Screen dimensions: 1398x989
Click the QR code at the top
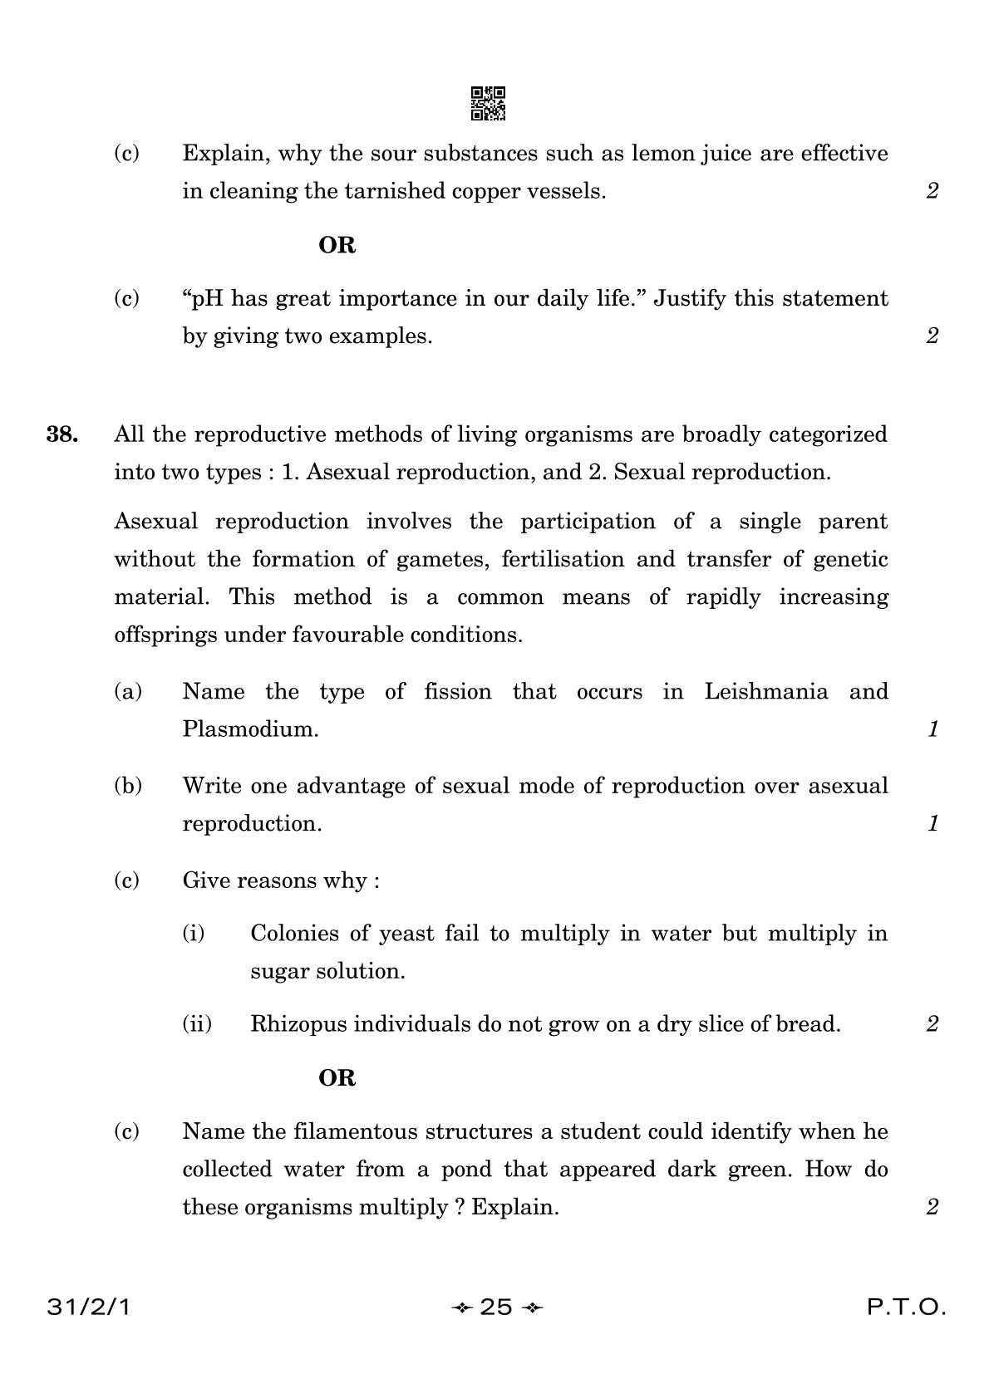click(488, 104)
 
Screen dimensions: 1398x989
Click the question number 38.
click(62, 434)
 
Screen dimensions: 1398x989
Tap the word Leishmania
click(765, 692)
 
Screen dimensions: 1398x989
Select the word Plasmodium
click(250, 730)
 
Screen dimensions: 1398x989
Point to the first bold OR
click(337, 246)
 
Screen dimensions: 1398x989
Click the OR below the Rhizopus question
click(337, 1078)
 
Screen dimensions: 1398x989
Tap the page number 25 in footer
click(496, 1308)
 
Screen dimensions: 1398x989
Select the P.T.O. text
click(907, 1308)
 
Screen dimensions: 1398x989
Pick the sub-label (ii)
click(197, 1024)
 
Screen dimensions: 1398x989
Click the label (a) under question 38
click(127, 692)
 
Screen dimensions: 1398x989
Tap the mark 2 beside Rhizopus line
click(932, 1024)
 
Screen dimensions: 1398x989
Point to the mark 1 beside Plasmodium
click(932, 730)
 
